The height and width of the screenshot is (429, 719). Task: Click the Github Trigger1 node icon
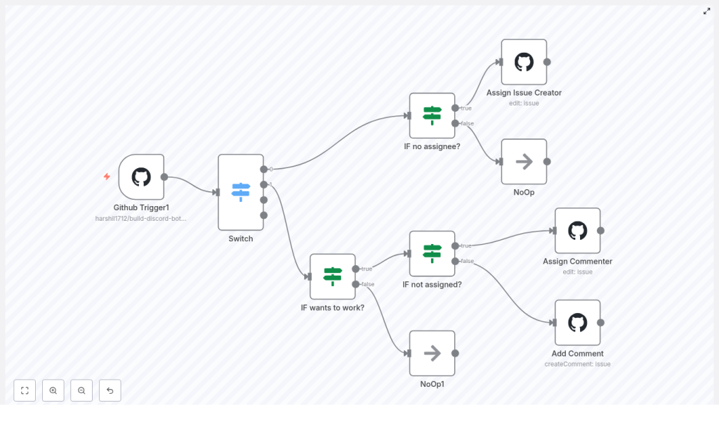pyautogui.click(x=141, y=177)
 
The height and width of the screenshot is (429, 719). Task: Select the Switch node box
pyautogui.click(x=241, y=192)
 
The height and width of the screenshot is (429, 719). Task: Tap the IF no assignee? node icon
pyautogui.click(x=432, y=115)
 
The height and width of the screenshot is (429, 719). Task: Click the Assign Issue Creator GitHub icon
pyautogui.click(x=524, y=62)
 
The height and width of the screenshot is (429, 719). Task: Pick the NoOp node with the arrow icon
pyautogui.click(x=524, y=162)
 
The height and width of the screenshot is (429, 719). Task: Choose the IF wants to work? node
pyautogui.click(x=332, y=276)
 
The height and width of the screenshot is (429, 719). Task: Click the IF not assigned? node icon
pyautogui.click(x=432, y=253)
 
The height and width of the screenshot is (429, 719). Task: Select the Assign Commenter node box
pyautogui.click(x=577, y=231)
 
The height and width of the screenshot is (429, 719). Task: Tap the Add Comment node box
pyautogui.click(x=577, y=323)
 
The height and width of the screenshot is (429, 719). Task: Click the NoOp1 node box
pyautogui.click(x=432, y=353)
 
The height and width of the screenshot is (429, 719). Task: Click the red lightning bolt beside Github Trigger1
pyautogui.click(x=107, y=177)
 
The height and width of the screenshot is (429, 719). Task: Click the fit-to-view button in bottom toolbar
pyautogui.click(x=25, y=390)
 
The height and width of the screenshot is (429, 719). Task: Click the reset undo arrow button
pyautogui.click(x=110, y=390)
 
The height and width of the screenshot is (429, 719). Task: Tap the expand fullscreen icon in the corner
pyautogui.click(x=706, y=11)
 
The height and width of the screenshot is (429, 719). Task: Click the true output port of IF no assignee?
pyautogui.click(x=455, y=108)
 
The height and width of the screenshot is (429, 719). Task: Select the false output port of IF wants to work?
pyautogui.click(x=356, y=284)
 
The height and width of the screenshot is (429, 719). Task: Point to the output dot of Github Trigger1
pyautogui.click(x=164, y=177)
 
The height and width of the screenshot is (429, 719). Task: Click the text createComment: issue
pyautogui.click(x=577, y=364)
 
